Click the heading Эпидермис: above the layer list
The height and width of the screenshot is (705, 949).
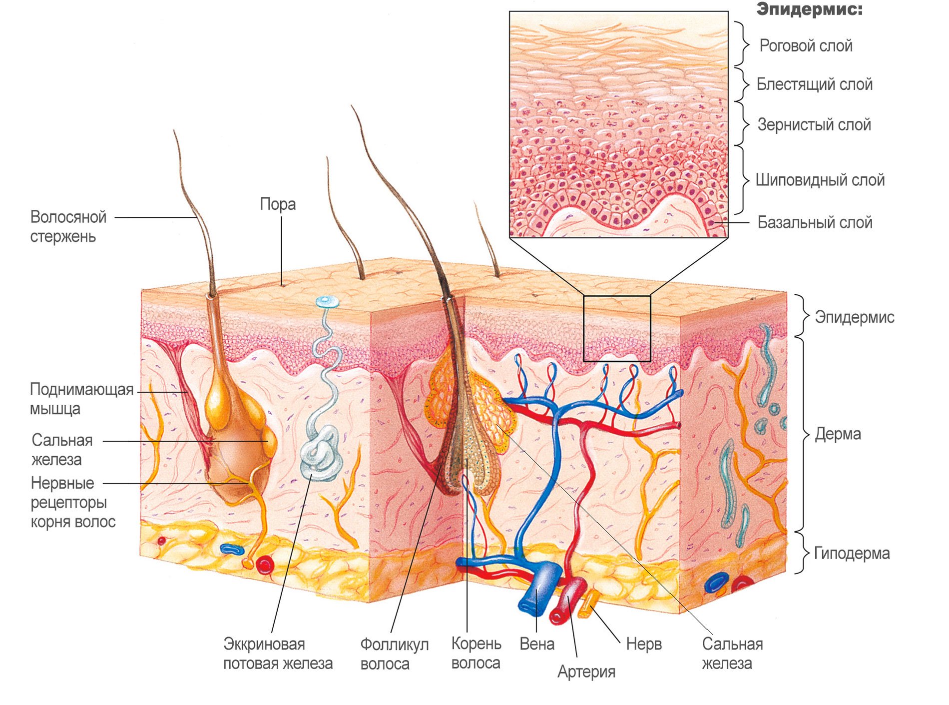[809, 9]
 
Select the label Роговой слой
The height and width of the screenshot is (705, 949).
[805, 46]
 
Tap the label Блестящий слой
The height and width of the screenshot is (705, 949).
[814, 84]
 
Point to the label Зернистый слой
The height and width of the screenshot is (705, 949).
[814, 124]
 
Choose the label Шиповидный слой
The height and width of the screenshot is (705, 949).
[820, 180]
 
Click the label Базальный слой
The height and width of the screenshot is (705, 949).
[815, 222]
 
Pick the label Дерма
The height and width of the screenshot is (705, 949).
[838, 434]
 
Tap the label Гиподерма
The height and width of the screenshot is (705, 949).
[852, 553]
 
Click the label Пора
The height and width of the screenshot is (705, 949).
[278, 204]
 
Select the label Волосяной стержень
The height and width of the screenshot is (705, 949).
[68, 226]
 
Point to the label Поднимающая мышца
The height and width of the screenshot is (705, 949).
[81, 399]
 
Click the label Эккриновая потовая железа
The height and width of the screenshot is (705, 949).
[278, 654]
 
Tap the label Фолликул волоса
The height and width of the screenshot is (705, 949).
[394, 654]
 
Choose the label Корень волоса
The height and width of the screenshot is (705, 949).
[476, 653]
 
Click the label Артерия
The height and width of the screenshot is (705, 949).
[586, 672]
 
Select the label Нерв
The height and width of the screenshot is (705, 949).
[643, 644]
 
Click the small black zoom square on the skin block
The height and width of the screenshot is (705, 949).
[617, 328]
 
